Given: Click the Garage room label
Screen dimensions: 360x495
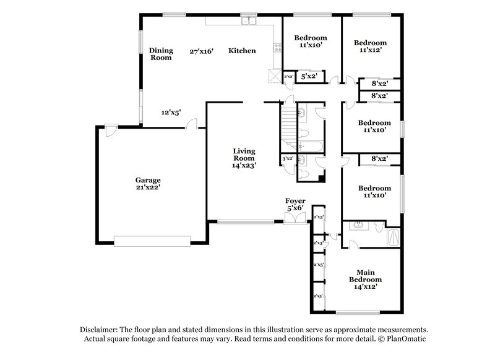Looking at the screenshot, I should (x=148, y=180).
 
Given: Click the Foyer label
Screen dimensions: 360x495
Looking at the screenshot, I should (x=295, y=201).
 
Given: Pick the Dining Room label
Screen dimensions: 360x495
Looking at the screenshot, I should (x=160, y=54).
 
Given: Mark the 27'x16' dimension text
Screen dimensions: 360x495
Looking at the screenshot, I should (x=202, y=51).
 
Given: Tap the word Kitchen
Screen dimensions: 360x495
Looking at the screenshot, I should (x=242, y=51).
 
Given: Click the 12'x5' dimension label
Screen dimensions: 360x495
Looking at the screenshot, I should (x=171, y=113).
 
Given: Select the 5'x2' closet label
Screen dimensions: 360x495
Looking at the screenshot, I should (x=308, y=77).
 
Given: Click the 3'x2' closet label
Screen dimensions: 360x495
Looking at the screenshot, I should (x=287, y=159).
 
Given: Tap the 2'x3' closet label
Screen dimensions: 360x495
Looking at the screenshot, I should (x=319, y=243).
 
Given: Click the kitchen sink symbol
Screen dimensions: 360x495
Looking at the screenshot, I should (x=249, y=22).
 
